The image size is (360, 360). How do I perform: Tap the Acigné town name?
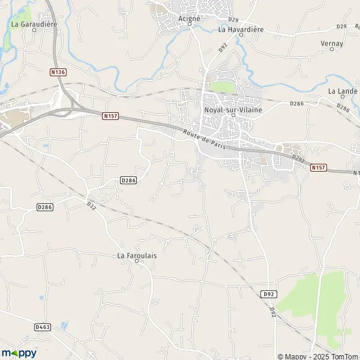pos(190,18)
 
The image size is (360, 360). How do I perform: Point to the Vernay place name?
pos(332,44)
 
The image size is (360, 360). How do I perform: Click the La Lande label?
pos(343,91)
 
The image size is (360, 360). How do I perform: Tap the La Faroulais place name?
pos(137,256)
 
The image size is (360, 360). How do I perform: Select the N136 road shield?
pos(58,72)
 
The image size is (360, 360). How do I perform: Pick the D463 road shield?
pos(42,327)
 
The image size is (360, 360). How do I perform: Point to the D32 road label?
pos(91,204)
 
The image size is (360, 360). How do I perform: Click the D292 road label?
pos(298,158)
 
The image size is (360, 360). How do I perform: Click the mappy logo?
pos(19,353)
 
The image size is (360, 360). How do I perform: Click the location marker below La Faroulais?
pos(137,262)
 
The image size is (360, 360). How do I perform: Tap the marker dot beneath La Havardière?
pos(241,35)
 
